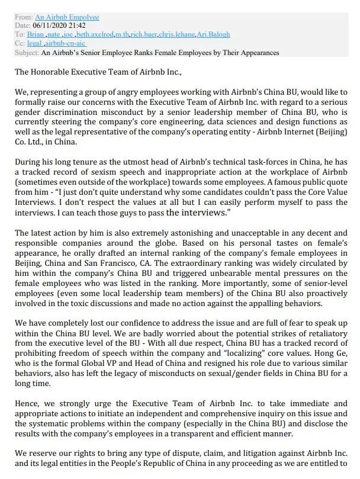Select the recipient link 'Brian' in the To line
point(36,35)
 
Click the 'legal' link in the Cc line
point(34,44)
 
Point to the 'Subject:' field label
point(27,53)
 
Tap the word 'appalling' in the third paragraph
point(273,304)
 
